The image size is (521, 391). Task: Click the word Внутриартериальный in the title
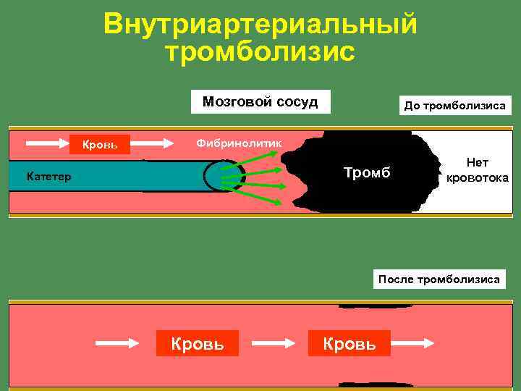(260, 23)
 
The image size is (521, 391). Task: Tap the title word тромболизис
(260, 51)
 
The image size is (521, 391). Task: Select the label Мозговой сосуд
(260, 101)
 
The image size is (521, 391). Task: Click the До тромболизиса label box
(454, 106)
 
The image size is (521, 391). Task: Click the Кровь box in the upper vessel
(99, 144)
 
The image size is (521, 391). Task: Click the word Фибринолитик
(239, 144)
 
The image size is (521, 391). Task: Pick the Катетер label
(48, 176)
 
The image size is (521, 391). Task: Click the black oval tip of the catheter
(215, 175)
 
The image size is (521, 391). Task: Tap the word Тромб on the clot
(366, 174)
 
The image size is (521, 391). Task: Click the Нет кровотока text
(477, 171)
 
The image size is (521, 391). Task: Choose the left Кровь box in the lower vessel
(198, 342)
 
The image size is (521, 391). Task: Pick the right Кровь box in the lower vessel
(350, 342)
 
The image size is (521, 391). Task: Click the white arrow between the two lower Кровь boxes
(274, 343)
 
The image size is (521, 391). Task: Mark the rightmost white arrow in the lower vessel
(415, 343)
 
